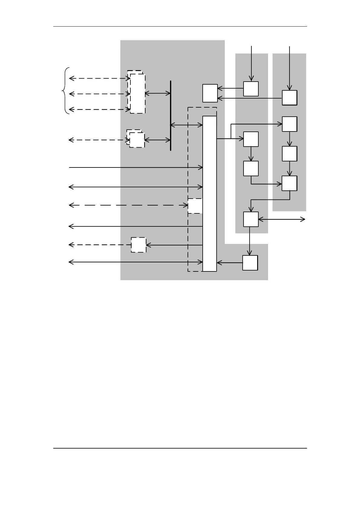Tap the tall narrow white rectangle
tap(210, 193)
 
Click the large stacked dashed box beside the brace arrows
tap(137, 92)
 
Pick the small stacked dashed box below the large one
tap(136, 139)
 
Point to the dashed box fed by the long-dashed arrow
tap(195, 206)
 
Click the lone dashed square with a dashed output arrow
tap(139, 245)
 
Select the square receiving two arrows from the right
tap(210, 93)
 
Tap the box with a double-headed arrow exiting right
tap(251, 219)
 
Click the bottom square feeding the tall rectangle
tap(250, 263)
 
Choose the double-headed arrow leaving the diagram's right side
tap(282, 220)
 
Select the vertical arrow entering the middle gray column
tap(251, 63)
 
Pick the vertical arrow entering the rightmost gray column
tap(290, 68)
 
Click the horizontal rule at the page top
tap(180, 27)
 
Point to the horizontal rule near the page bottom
tap(180, 448)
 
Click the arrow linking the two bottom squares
tap(250, 241)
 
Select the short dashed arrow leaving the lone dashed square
tap(100, 245)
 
